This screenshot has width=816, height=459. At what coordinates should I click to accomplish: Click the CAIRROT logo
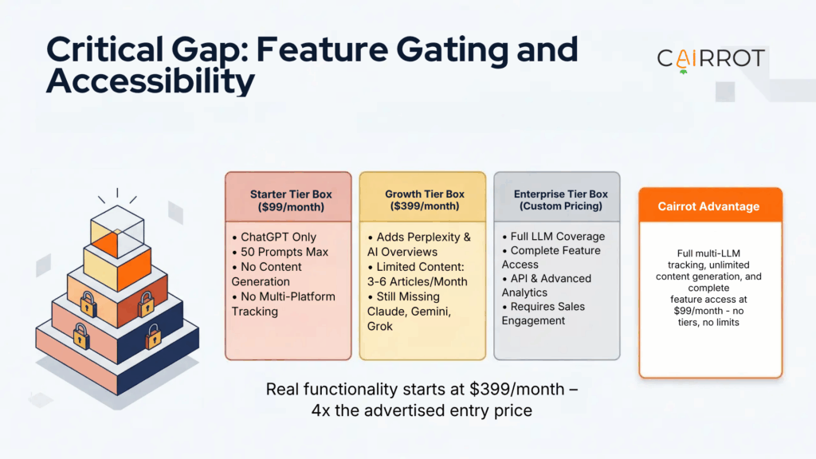[x=711, y=59]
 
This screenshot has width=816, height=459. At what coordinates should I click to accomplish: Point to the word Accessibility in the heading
[x=151, y=80]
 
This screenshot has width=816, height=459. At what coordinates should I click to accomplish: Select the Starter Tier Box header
[x=288, y=197]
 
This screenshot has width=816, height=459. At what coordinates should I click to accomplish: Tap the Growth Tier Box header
[x=422, y=197]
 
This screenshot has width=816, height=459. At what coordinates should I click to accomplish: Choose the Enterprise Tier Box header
[x=557, y=197]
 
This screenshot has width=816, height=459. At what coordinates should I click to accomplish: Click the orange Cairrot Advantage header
[x=710, y=205]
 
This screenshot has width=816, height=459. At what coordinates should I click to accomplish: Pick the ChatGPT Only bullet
[x=274, y=237]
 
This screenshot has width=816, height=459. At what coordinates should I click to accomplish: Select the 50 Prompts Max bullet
[x=280, y=253]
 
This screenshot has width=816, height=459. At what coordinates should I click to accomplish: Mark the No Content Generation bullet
[x=266, y=274]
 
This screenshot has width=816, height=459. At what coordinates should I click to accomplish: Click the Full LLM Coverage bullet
[x=553, y=237]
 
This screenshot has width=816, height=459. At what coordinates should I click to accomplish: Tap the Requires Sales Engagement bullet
[x=543, y=314]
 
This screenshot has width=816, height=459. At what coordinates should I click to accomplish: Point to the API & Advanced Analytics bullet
[x=547, y=286]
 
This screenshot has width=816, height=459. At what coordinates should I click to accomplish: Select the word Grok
[x=380, y=327]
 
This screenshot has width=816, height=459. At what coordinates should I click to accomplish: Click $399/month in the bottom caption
[x=516, y=389]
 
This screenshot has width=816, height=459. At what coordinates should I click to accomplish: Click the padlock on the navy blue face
[x=153, y=337]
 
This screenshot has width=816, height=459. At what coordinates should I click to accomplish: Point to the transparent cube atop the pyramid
[x=117, y=232]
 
